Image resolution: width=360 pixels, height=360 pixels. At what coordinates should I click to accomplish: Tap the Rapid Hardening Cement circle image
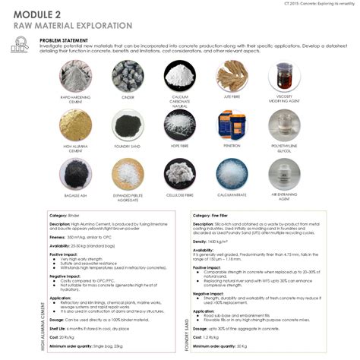(76, 77)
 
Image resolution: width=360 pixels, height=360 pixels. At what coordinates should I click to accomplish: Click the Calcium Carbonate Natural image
(179, 76)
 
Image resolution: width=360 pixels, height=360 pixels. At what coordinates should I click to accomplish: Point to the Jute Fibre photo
(231, 76)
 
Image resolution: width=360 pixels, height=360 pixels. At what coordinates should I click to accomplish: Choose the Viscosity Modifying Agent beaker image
(283, 76)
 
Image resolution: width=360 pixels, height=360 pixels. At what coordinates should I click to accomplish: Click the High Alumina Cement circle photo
(76, 125)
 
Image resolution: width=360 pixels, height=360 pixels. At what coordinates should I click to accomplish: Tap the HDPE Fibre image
(179, 125)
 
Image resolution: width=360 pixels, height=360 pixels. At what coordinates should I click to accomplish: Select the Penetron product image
(231, 125)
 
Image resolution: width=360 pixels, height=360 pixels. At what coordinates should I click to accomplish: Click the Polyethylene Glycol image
(283, 125)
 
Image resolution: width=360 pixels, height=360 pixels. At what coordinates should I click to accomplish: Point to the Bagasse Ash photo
(76, 173)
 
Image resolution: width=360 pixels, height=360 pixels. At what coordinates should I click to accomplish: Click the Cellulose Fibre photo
(179, 173)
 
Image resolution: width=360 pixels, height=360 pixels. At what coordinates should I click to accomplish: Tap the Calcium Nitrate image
(231, 173)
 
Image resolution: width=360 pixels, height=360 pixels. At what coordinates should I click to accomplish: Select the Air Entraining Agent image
(283, 173)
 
